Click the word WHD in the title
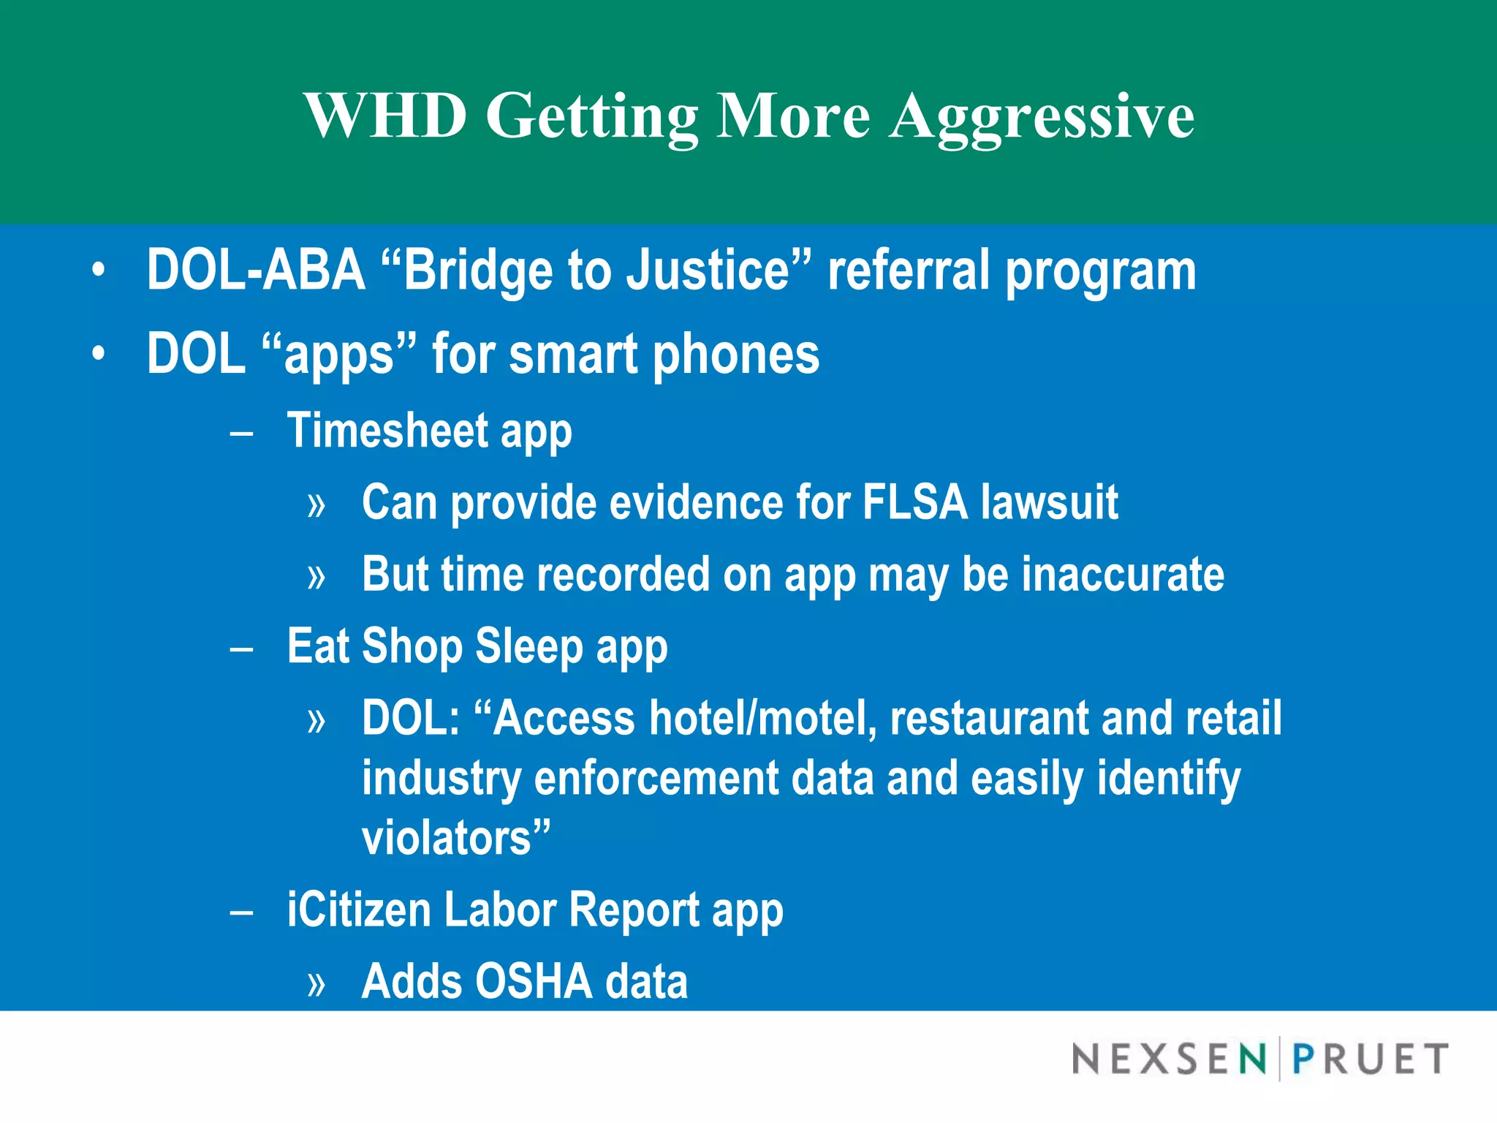pyautogui.click(x=385, y=116)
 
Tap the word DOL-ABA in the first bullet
pyautogui.click(x=256, y=270)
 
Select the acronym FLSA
pyautogui.click(x=914, y=502)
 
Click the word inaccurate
pyautogui.click(x=1122, y=574)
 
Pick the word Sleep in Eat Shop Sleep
pyautogui.click(x=528, y=646)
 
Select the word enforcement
pyautogui.click(x=656, y=778)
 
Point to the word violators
pyautogui.click(x=446, y=838)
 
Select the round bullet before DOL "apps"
pyautogui.click(x=99, y=355)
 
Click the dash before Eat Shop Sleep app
pyautogui.click(x=241, y=649)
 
